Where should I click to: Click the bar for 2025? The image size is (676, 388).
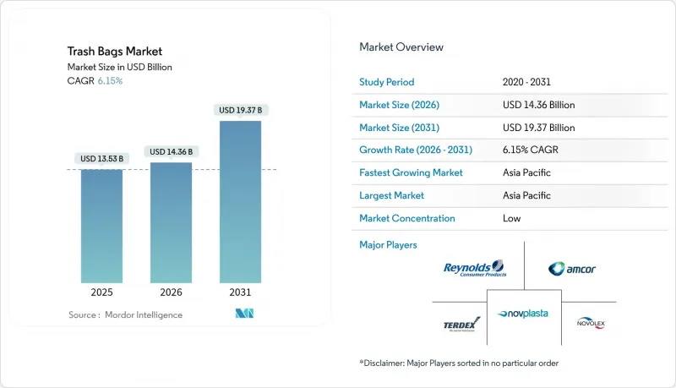101,226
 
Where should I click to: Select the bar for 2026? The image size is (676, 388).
171,222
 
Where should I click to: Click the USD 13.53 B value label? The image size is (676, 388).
101,158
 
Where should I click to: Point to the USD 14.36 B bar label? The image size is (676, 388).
171,151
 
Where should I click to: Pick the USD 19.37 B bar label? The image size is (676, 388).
240,110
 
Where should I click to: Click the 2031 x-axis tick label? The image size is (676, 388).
240,292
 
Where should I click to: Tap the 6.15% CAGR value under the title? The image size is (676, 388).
110,80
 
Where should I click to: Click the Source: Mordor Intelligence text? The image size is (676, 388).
125,314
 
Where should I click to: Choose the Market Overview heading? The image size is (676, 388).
401,47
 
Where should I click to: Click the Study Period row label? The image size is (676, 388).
388,83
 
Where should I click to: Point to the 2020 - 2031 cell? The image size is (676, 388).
527,83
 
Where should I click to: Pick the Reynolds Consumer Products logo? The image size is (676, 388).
474,269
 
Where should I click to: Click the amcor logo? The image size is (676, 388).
572,269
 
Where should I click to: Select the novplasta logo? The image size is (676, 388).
523,314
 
